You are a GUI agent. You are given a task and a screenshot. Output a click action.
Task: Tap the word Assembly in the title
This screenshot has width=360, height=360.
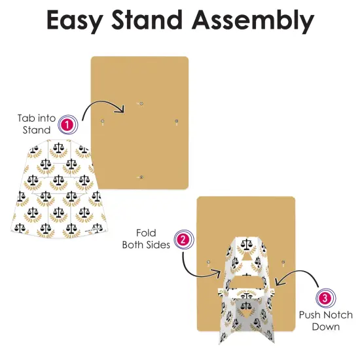[x=253, y=21]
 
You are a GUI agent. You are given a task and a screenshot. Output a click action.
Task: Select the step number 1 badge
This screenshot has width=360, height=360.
[x=67, y=124]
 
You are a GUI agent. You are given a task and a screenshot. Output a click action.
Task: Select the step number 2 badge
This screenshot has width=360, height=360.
[x=183, y=240]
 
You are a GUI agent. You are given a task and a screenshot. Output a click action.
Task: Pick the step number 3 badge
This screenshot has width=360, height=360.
[x=325, y=298]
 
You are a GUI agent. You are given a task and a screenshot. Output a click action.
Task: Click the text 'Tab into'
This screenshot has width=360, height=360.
[x=37, y=118]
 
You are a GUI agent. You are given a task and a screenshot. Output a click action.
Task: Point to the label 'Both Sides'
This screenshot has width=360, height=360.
[x=146, y=245]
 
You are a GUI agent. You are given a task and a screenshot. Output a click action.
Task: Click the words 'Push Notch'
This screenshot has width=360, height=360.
[x=326, y=315]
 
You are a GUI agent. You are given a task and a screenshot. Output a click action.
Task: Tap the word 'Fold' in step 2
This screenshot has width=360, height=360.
[x=146, y=233]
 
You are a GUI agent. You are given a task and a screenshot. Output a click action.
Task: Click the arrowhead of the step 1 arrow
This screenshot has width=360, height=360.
[x=121, y=109]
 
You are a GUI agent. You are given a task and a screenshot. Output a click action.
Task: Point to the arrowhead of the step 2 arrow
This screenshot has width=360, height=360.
[x=217, y=273]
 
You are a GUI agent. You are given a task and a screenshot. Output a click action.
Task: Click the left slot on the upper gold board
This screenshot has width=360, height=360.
[x=102, y=122]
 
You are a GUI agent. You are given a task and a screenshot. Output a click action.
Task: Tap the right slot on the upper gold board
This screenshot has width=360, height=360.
[x=176, y=122]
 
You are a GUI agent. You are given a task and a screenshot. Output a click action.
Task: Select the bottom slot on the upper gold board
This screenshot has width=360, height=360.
[x=141, y=177]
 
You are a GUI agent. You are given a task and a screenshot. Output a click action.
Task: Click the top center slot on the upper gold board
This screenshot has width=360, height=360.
[x=140, y=104]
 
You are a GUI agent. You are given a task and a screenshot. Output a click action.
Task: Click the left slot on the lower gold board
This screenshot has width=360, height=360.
[x=208, y=263]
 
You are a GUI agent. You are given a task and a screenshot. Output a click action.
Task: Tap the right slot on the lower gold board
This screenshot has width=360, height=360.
[x=283, y=263]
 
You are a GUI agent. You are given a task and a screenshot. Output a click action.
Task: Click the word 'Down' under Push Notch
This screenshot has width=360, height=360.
[x=326, y=327]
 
